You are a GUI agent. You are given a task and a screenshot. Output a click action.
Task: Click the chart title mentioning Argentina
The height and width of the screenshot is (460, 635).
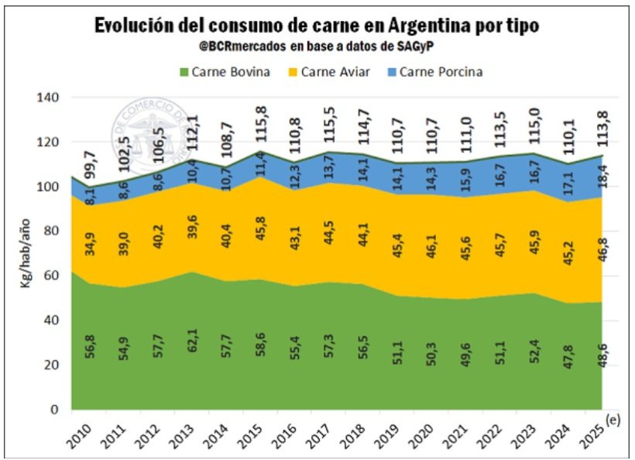coord(317,26)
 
